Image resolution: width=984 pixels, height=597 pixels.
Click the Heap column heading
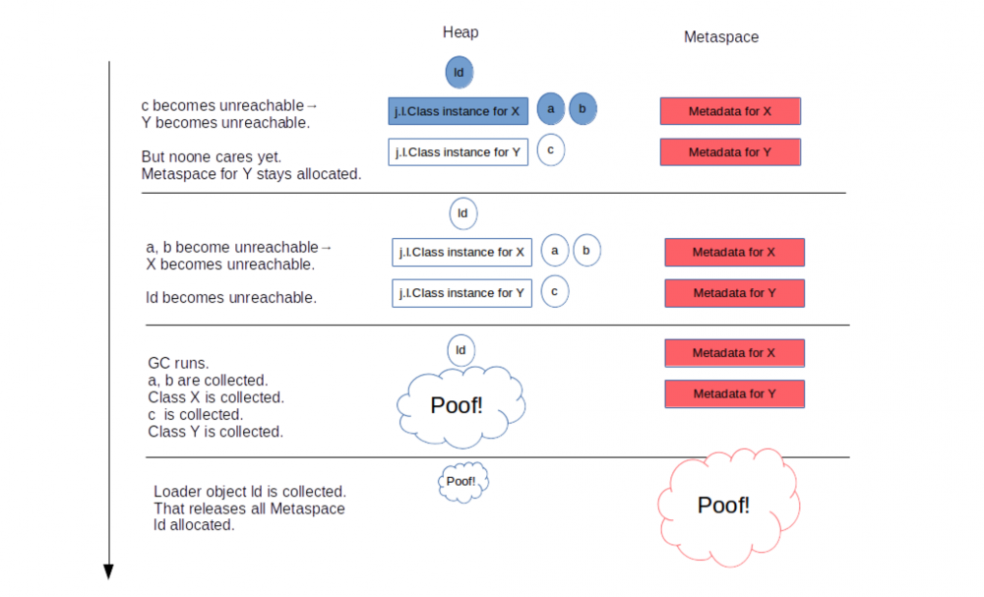pyautogui.click(x=460, y=32)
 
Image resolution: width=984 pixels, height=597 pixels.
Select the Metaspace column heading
pyautogui.click(x=721, y=37)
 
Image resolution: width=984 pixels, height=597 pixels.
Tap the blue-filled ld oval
pyautogui.click(x=459, y=72)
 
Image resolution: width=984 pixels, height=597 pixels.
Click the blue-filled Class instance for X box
pyautogui.click(x=458, y=111)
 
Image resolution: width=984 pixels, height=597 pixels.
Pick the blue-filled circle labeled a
pyautogui.click(x=551, y=108)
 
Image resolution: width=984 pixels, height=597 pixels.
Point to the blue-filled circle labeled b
pyautogui.click(x=583, y=108)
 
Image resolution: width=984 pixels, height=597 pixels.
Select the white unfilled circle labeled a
pyautogui.click(x=555, y=251)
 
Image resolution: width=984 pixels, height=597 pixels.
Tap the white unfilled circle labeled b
pyautogui.click(x=586, y=251)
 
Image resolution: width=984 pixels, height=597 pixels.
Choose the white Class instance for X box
pyautogui.click(x=461, y=253)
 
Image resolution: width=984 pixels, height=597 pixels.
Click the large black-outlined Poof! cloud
pyautogui.click(x=458, y=404)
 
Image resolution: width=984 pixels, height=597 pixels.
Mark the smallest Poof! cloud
pyautogui.click(x=461, y=481)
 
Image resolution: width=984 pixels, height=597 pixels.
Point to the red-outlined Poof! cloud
pyautogui.click(x=724, y=505)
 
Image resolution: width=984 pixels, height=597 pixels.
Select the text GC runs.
pyautogui.click(x=178, y=363)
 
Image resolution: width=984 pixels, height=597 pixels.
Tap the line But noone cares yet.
pyautogui.click(x=212, y=156)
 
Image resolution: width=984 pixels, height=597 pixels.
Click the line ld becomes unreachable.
pyautogui.click(x=231, y=298)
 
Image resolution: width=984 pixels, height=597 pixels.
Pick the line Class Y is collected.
pyautogui.click(x=215, y=432)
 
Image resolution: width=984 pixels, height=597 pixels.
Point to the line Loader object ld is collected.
pyautogui.click(x=250, y=491)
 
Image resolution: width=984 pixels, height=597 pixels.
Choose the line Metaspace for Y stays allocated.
pyautogui.click(x=251, y=174)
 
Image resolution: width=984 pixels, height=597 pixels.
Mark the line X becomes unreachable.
pyautogui.click(x=230, y=265)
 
